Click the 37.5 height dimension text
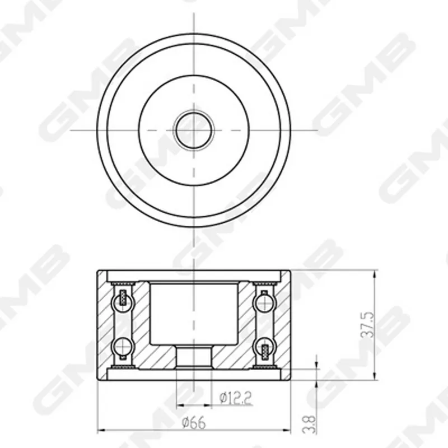368,325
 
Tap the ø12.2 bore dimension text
236,398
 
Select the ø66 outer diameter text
194,423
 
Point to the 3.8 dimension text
309,424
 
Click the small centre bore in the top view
194,130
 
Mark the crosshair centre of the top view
194,130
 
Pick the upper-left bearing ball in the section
123,302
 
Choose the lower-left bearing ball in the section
123,347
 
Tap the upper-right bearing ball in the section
264,302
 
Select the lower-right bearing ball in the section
264,347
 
